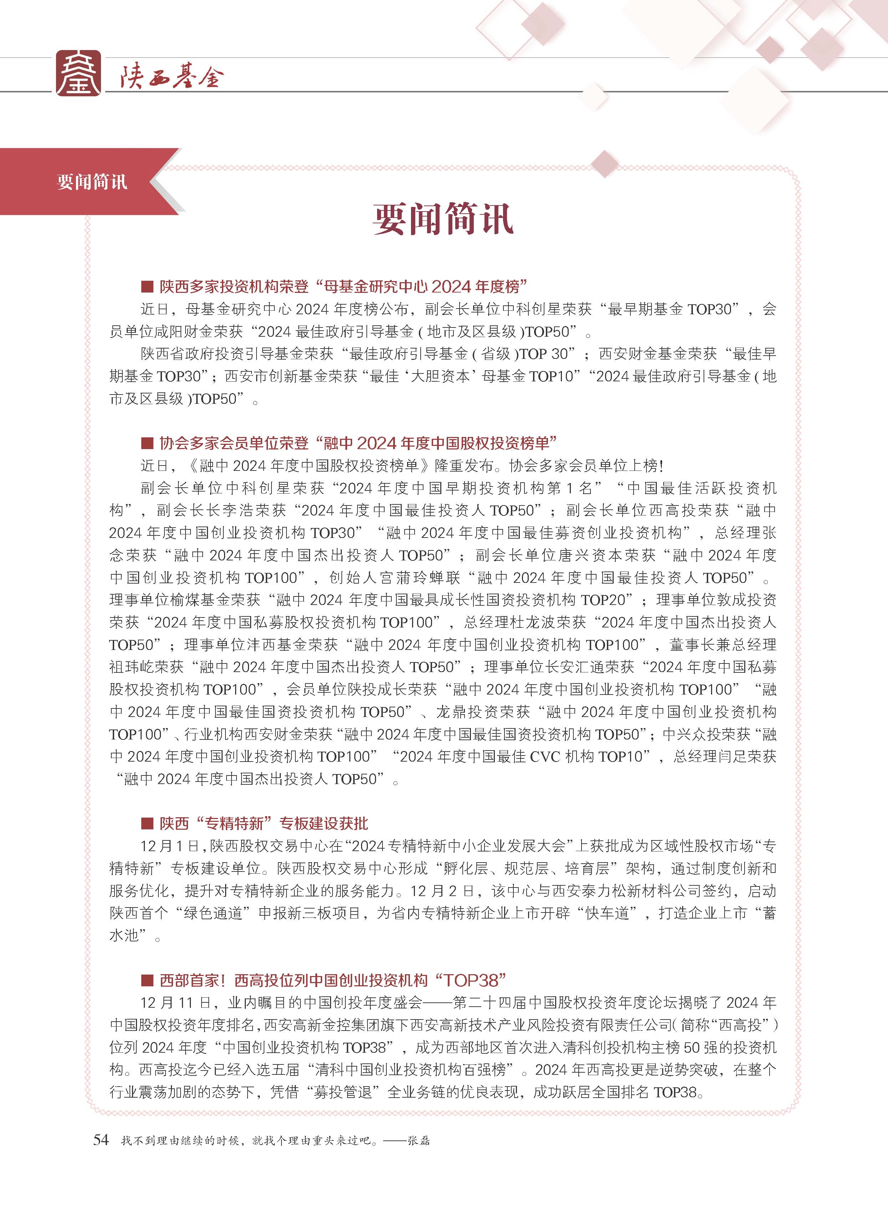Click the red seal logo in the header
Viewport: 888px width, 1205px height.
tap(78, 73)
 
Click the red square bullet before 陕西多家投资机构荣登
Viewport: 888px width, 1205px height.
tap(147, 286)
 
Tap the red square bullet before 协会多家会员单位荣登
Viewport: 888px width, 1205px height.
tap(147, 443)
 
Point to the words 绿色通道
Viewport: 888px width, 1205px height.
tap(213, 914)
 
